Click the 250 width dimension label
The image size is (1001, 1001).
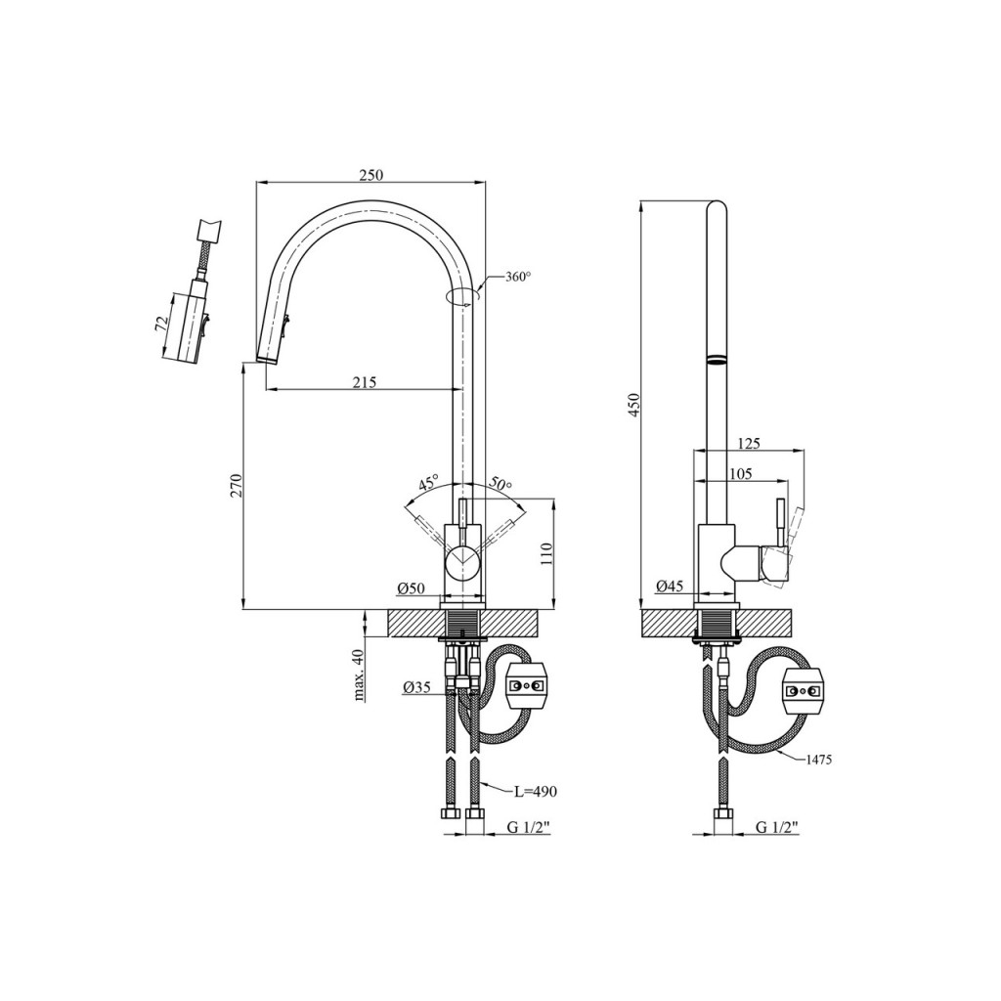370,175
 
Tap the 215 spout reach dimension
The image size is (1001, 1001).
365,382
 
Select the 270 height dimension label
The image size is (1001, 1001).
237,485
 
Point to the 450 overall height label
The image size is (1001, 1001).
633,404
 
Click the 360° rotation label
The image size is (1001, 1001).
518,277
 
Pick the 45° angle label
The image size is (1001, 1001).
428,481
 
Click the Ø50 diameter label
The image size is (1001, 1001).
411,588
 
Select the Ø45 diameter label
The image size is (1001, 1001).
670,585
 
